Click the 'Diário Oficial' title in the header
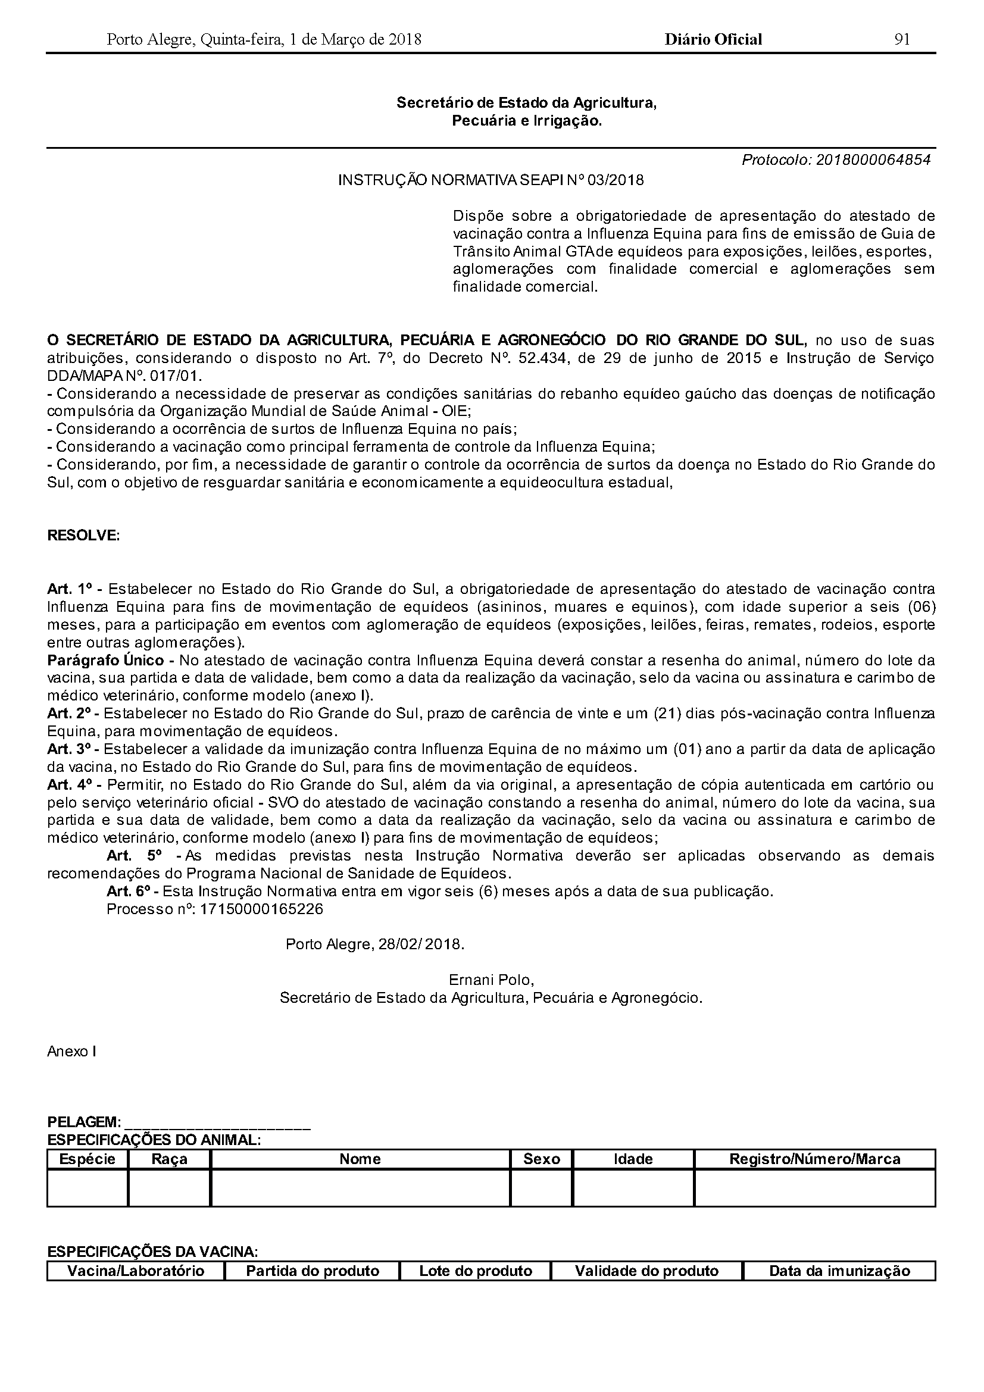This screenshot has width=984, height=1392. (x=713, y=39)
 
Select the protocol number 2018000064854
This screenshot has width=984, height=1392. (x=873, y=160)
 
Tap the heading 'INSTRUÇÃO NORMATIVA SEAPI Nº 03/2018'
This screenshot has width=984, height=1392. (x=491, y=180)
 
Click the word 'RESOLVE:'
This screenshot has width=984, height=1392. (x=84, y=536)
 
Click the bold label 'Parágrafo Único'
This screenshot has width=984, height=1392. (x=105, y=660)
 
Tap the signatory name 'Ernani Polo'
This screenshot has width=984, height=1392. (x=491, y=980)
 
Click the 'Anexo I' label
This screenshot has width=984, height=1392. (x=71, y=1052)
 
